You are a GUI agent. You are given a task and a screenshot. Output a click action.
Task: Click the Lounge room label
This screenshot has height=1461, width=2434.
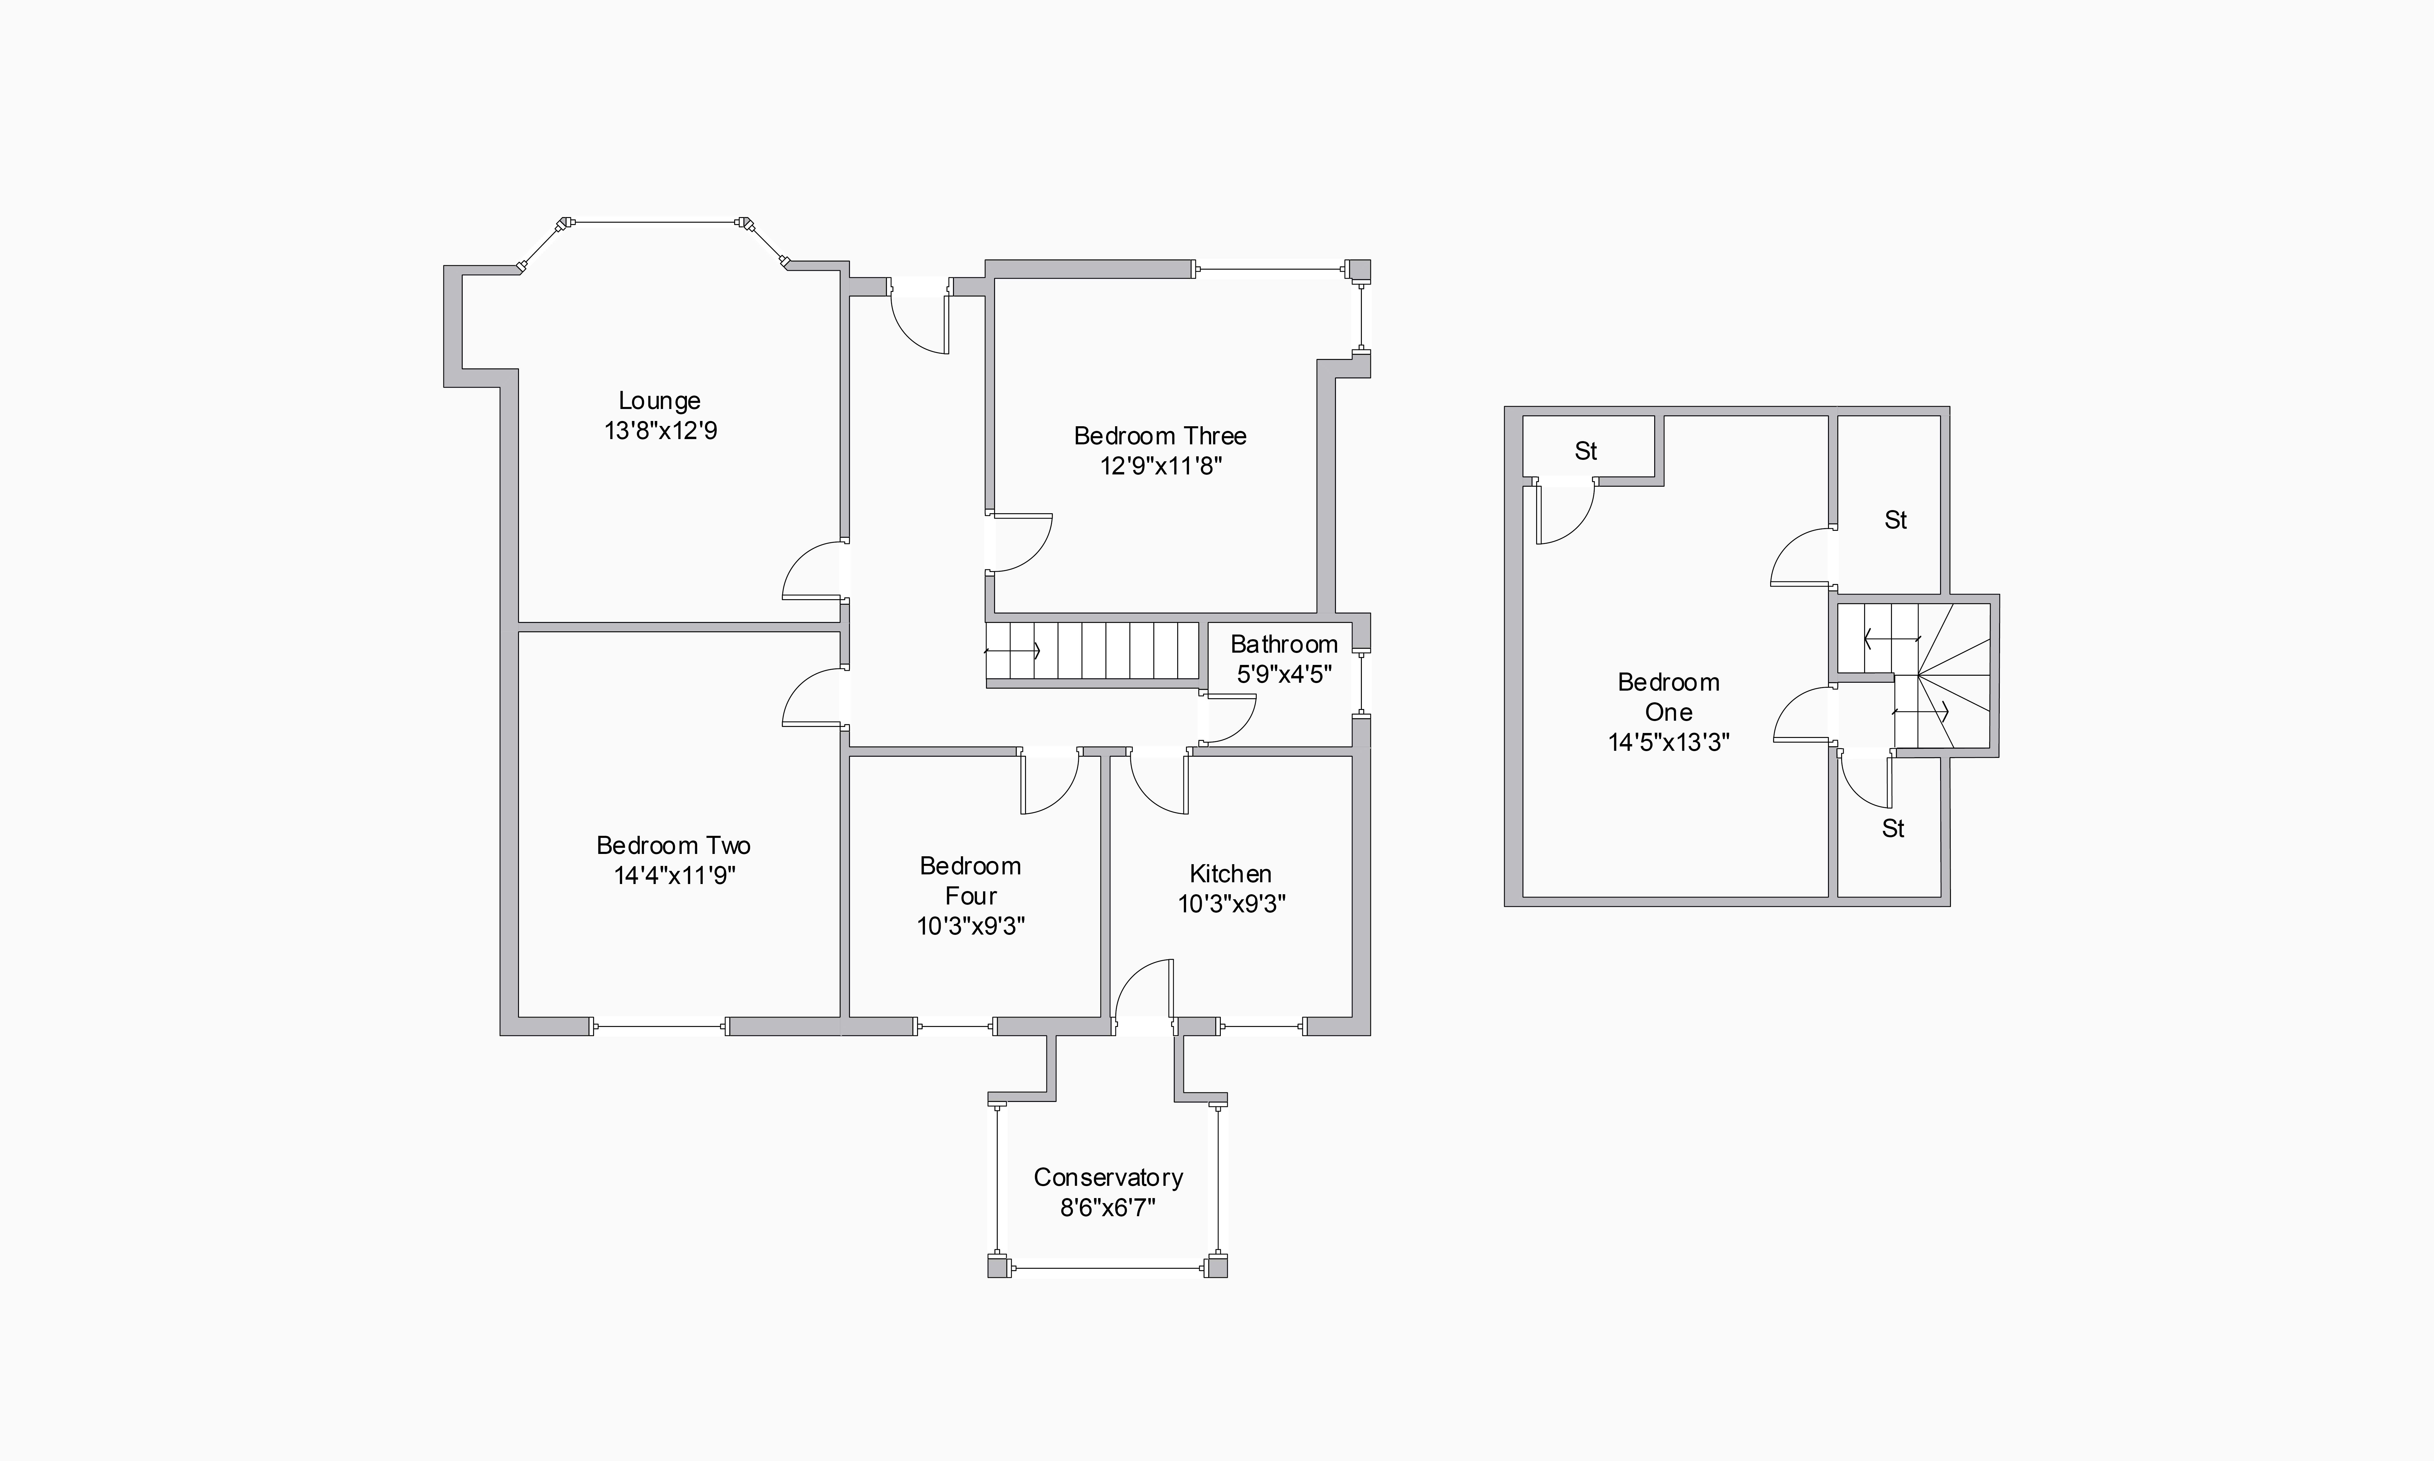[659, 401]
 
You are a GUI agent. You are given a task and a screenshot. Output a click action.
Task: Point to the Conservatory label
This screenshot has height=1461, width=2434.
[1108, 1177]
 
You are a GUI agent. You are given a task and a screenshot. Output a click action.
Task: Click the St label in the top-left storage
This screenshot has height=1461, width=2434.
[1586, 451]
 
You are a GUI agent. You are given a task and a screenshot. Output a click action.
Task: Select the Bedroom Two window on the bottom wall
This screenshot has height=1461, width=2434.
[659, 1027]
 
